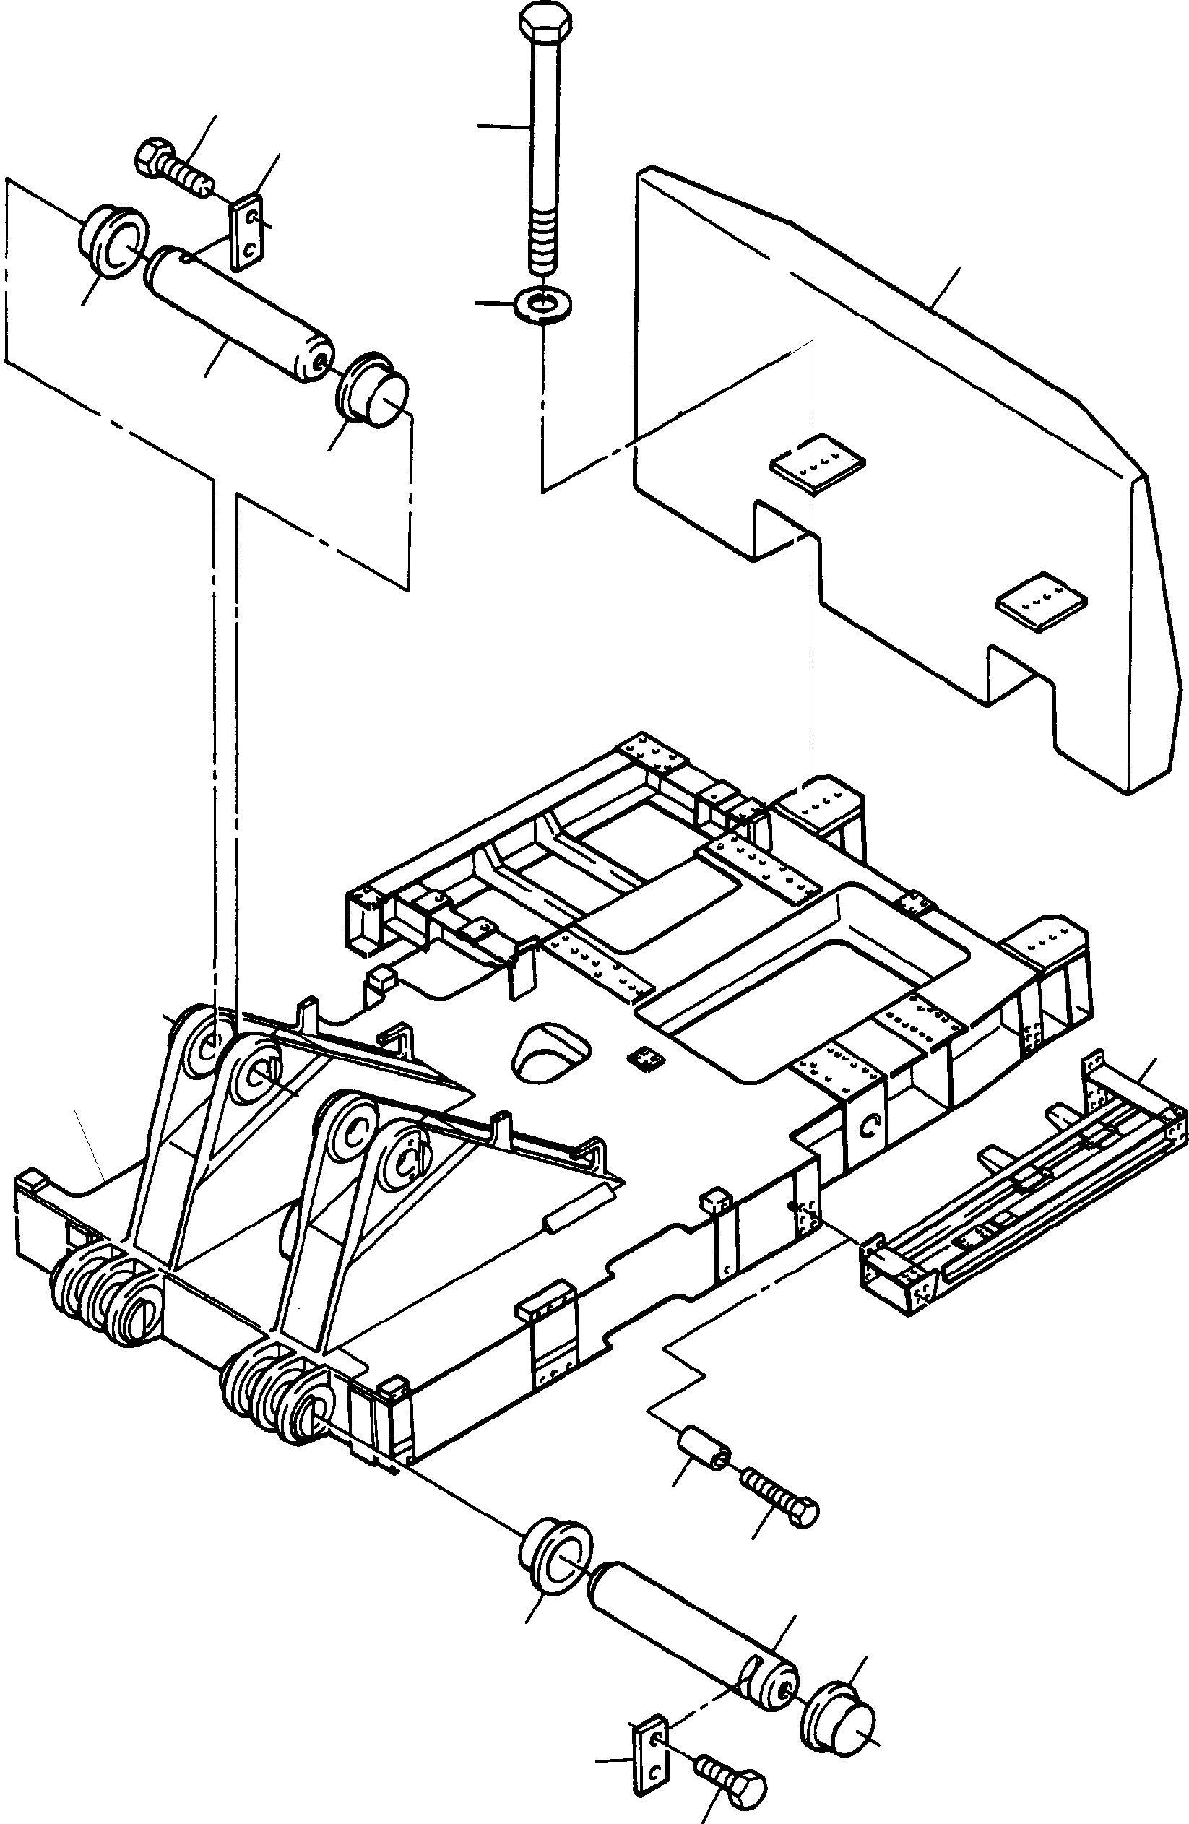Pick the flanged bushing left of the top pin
coord(113,241)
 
